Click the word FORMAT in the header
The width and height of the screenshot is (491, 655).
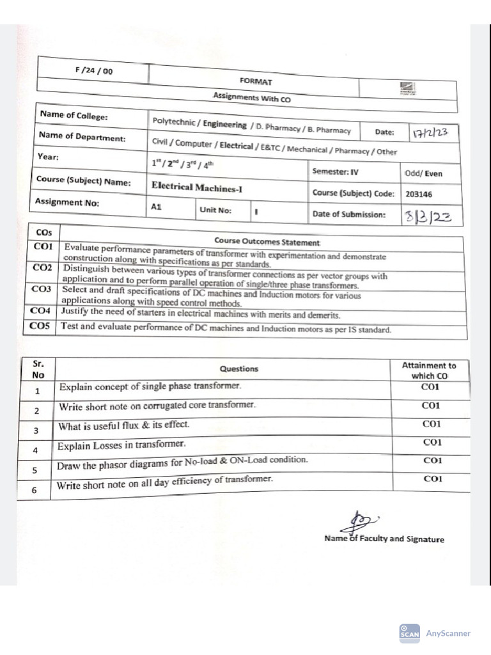point(255,81)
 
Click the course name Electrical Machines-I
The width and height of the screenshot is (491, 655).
point(197,187)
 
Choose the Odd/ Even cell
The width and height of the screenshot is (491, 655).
point(423,173)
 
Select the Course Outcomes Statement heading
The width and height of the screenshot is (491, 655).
point(267,242)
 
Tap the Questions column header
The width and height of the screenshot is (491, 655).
point(239,368)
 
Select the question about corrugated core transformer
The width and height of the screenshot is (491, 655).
point(157,406)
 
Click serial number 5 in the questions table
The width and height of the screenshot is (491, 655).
point(36,470)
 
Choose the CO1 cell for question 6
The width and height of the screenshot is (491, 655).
point(433,479)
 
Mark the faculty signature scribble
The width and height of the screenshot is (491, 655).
point(360,520)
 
